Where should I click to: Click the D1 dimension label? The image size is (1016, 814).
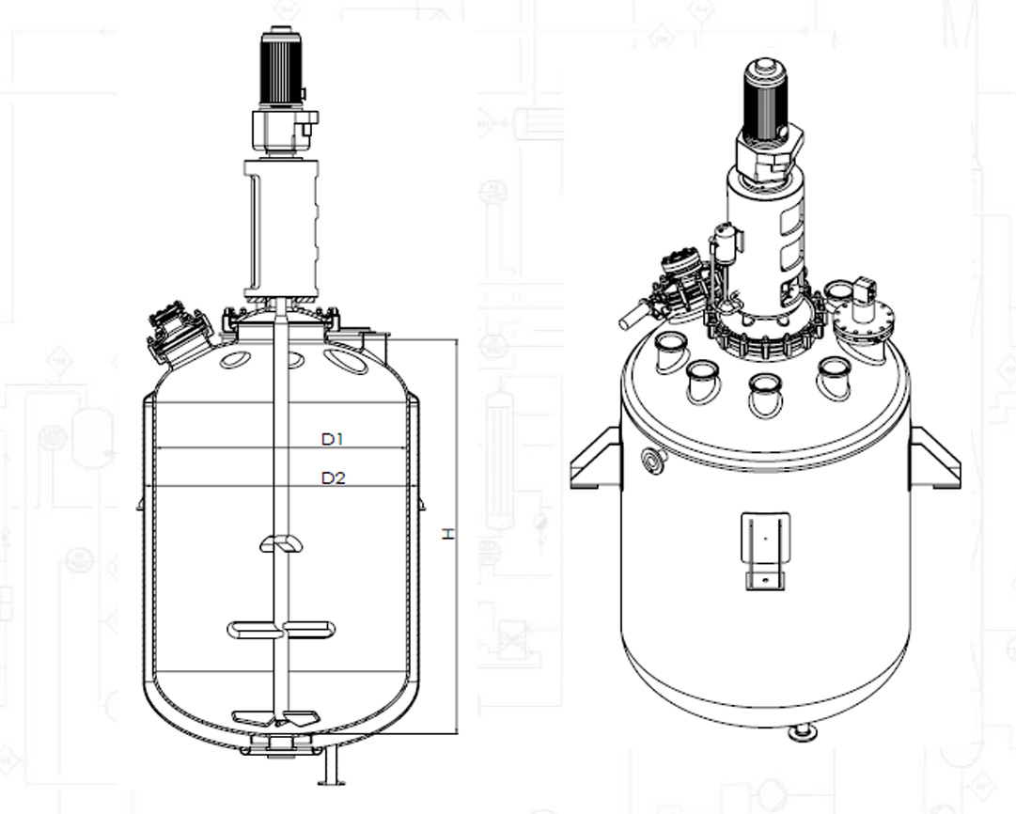pyautogui.click(x=333, y=439)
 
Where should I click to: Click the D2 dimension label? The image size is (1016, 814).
pyautogui.click(x=333, y=477)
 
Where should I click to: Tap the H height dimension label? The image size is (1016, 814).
pyautogui.click(x=447, y=534)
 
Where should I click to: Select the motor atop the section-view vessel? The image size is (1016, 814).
pyautogui.click(x=281, y=68)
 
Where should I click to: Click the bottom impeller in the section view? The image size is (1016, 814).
pyautogui.click(x=276, y=717)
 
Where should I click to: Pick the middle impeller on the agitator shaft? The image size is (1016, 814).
pyautogui.click(x=281, y=629)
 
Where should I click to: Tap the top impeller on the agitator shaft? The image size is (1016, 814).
pyautogui.click(x=281, y=543)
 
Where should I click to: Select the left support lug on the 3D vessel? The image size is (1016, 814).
pyautogui.click(x=596, y=458)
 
